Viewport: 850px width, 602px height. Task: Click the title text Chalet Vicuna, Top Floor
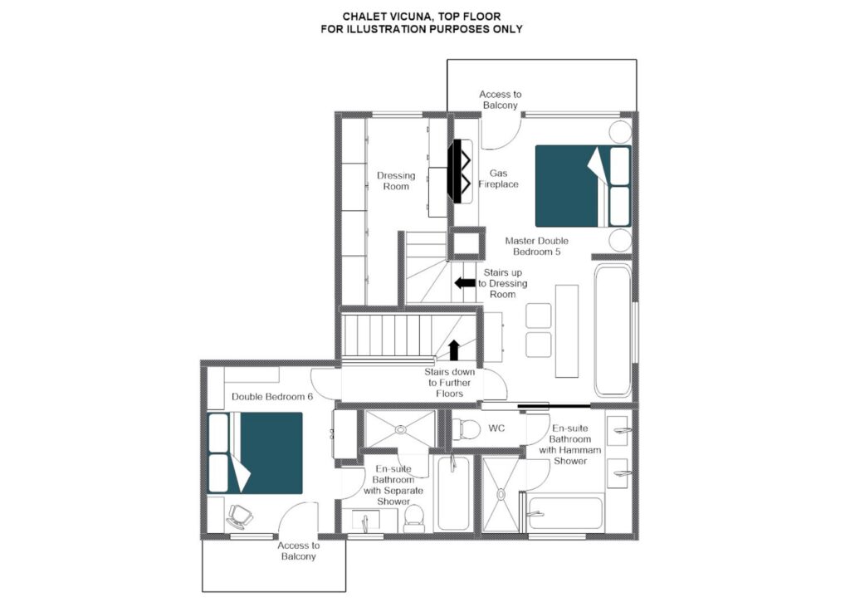tap(421, 17)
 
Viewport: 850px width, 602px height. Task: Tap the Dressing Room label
tap(396, 181)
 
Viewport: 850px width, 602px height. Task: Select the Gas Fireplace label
tap(498, 179)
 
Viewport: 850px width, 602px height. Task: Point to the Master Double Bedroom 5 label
tap(537, 247)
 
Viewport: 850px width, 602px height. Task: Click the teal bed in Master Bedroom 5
tap(583, 186)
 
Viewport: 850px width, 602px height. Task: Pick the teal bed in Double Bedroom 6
tap(255, 453)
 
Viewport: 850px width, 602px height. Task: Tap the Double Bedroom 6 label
tap(272, 396)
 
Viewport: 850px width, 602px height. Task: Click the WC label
tap(496, 428)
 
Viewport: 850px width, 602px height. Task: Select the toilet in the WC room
tap(467, 428)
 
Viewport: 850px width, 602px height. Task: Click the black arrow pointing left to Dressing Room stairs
tap(464, 282)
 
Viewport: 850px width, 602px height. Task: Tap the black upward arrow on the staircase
tap(454, 350)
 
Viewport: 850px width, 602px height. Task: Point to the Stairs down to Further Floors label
tap(449, 383)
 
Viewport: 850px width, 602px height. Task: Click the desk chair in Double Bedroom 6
tap(239, 516)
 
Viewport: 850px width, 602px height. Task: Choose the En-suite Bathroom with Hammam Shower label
tap(569, 444)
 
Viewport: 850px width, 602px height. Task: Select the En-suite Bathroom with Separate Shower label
tap(393, 485)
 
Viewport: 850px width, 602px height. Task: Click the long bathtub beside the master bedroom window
tap(613, 330)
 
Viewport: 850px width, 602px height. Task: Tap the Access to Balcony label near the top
tap(501, 100)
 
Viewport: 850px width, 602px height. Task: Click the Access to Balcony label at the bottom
tap(299, 551)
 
